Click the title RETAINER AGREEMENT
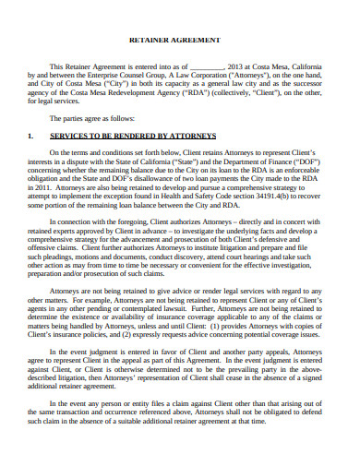point(179,41)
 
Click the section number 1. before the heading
point(30,136)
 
